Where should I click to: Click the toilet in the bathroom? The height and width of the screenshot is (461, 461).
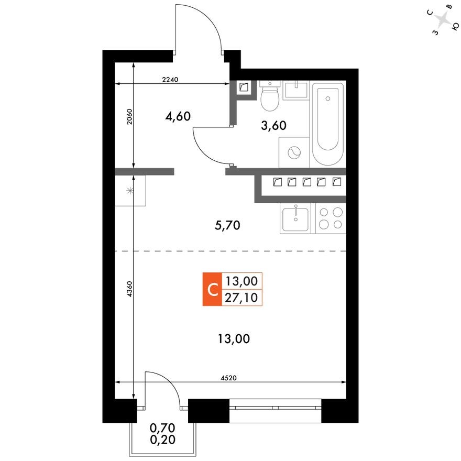tap(270, 97)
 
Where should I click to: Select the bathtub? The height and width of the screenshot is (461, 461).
tap(328, 124)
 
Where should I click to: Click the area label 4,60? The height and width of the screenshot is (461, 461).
tap(177, 116)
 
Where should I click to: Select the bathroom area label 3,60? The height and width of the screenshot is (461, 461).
tap(273, 125)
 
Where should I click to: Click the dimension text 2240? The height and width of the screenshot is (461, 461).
tap(171, 80)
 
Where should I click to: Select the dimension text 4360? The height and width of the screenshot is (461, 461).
tap(129, 290)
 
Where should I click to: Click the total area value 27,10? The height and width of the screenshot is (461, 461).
tap(242, 298)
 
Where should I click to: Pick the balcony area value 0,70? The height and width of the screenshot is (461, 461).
tap(160, 429)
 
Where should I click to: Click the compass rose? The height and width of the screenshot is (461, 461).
tap(444, 21)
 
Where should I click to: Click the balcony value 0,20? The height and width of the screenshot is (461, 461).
tap(160, 439)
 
